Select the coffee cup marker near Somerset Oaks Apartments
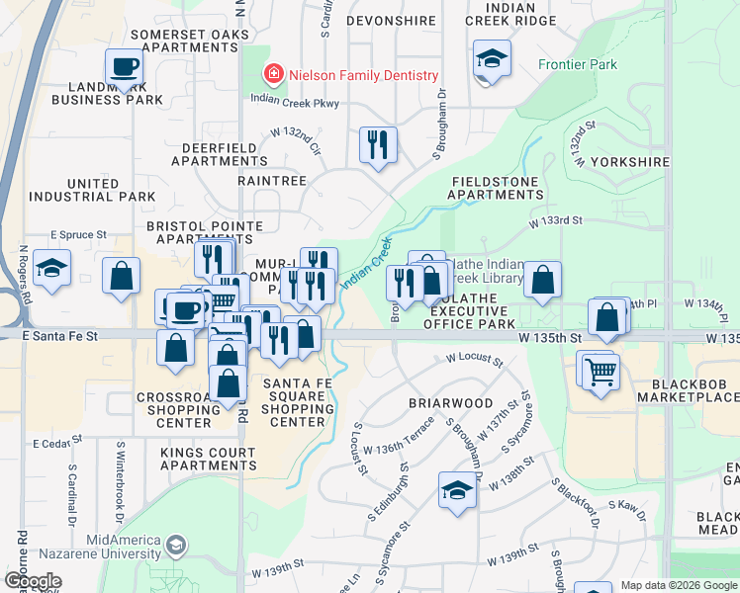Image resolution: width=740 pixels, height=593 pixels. [125, 67]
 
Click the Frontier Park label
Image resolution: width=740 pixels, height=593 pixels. [577, 65]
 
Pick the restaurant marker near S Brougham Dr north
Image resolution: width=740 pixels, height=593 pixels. [378, 145]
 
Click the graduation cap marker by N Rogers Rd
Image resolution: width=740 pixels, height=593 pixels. [51, 268]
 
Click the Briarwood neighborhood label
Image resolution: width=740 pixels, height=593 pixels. [451, 403]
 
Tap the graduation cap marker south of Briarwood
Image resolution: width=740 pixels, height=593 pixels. [457, 490]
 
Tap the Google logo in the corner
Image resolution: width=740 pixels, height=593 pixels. [34, 581]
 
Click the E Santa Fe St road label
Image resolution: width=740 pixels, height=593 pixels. [62, 337]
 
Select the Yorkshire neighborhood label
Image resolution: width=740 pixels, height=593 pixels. [629, 161]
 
